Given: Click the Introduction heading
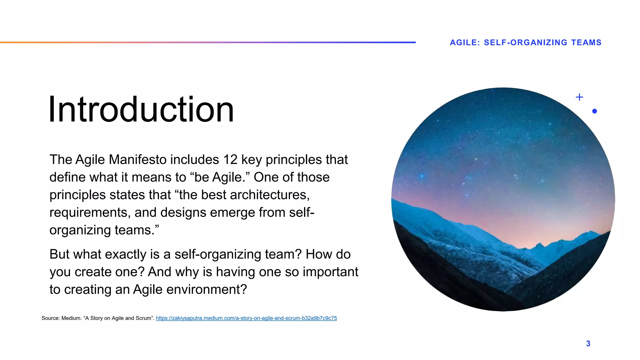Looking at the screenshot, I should [141, 109].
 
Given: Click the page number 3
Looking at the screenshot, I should [588, 343].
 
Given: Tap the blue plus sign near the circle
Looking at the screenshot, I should [579, 97].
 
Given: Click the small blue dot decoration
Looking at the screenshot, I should [594, 111].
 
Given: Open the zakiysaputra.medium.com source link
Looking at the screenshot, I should [246, 318].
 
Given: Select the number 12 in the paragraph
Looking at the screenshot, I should [230, 160].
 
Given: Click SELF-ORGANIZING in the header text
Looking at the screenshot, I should [525, 42].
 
